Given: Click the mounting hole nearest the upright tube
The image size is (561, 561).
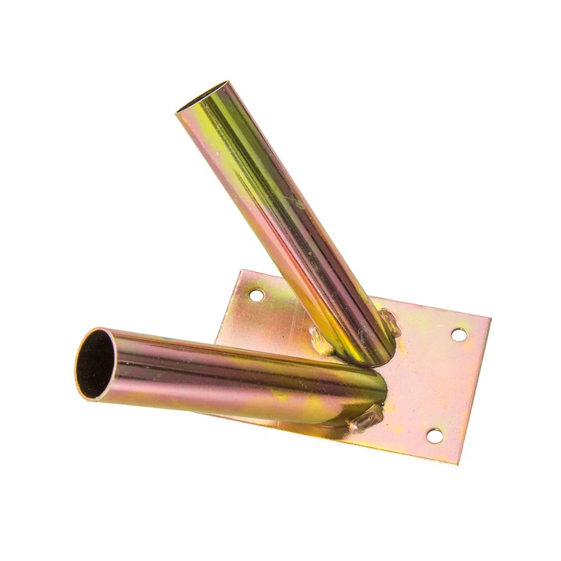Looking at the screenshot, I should [x=257, y=296].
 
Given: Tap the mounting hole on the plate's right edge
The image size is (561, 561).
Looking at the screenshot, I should [x=459, y=334].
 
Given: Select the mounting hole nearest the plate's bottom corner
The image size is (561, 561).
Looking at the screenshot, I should [x=435, y=436].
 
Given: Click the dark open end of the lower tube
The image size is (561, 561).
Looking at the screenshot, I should [x=93, y=363].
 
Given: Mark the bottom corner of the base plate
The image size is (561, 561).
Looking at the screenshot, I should [x=459, y=464].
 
